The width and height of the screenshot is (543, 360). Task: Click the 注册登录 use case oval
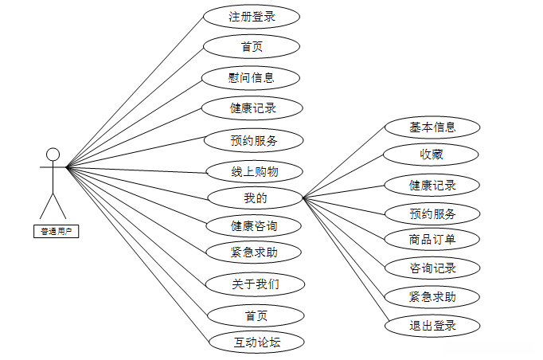coord(252,16)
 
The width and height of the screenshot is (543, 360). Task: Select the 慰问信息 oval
coord(252,77)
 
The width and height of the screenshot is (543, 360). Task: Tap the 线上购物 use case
coord(255,170)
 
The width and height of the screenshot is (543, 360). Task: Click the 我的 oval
coord(255,198)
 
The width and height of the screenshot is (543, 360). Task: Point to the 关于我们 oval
coord(255,284)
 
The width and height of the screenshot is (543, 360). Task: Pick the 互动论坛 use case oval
coord(256,343)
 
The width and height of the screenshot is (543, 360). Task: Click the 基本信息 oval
coord(432,127)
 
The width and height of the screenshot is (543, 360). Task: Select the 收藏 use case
coord(432,154)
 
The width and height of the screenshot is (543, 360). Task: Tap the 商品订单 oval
coord(432,239)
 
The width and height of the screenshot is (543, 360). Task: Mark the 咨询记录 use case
coord(432,268)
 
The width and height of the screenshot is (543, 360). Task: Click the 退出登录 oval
coord(432,325)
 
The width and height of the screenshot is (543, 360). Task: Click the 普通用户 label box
coord(56,232)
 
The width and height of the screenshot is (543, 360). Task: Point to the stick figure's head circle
coord(53,154)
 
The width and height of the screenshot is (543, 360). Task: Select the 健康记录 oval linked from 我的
coord(432,185)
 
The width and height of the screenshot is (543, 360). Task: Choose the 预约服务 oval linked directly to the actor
coord(253,141)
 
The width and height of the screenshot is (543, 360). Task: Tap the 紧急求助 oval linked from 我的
coord(432,296)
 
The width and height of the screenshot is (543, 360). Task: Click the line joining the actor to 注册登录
coord(135,92)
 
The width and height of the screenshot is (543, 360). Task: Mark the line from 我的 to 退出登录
coord(344,260)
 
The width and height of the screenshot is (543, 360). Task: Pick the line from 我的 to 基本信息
coord(344,162)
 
